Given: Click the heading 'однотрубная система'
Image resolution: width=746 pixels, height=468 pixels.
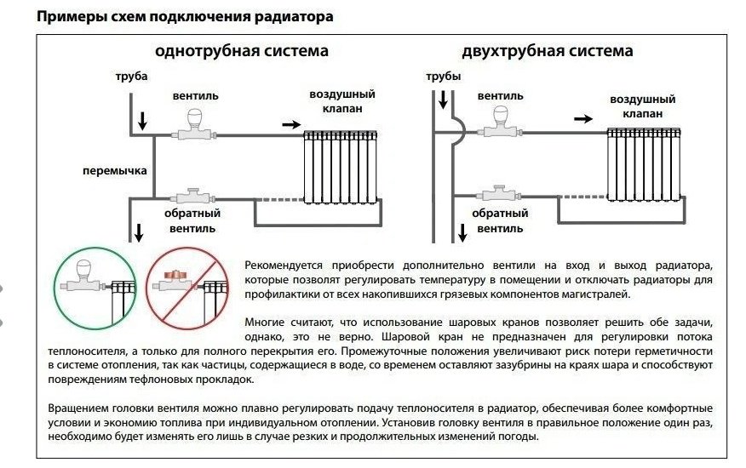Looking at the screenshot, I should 241,51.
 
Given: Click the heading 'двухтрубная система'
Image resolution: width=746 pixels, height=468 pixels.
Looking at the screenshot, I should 547,51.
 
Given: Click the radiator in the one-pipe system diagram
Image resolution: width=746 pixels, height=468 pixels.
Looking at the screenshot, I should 341,167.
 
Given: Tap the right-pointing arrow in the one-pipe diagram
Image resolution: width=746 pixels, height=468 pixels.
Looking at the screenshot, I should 290,124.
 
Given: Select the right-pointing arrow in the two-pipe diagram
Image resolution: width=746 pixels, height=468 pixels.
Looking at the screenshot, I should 582,119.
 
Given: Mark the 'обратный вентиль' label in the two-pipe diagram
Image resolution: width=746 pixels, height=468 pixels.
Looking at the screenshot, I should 495,221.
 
